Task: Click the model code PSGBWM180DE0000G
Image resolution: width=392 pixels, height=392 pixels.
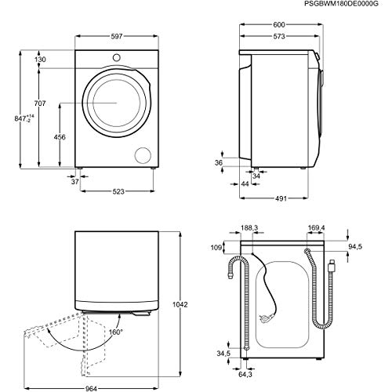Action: [346, 5]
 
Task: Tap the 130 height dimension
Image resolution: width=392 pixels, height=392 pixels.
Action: [40, 60]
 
